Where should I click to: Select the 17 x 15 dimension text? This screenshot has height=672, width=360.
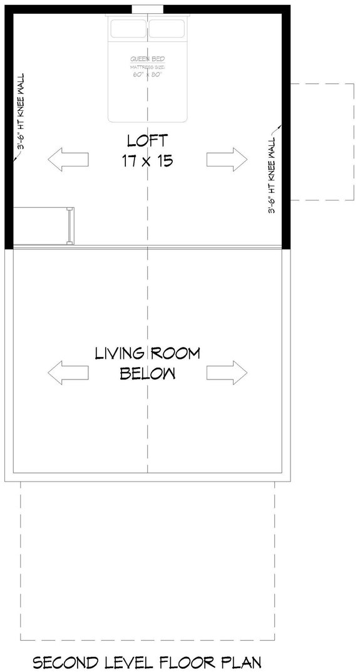point(148,160)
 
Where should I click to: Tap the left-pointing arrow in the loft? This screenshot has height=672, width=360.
point(68,159)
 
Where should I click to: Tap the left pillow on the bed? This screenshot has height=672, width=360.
point(128,29)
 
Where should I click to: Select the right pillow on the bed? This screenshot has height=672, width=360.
point(167,29)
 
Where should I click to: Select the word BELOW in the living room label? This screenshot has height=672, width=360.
point(148,374)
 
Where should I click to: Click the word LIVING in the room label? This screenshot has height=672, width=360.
point(120,354)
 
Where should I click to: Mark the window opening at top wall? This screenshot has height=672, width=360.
point(148,9)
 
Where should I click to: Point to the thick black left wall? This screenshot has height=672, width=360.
point(9,125)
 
